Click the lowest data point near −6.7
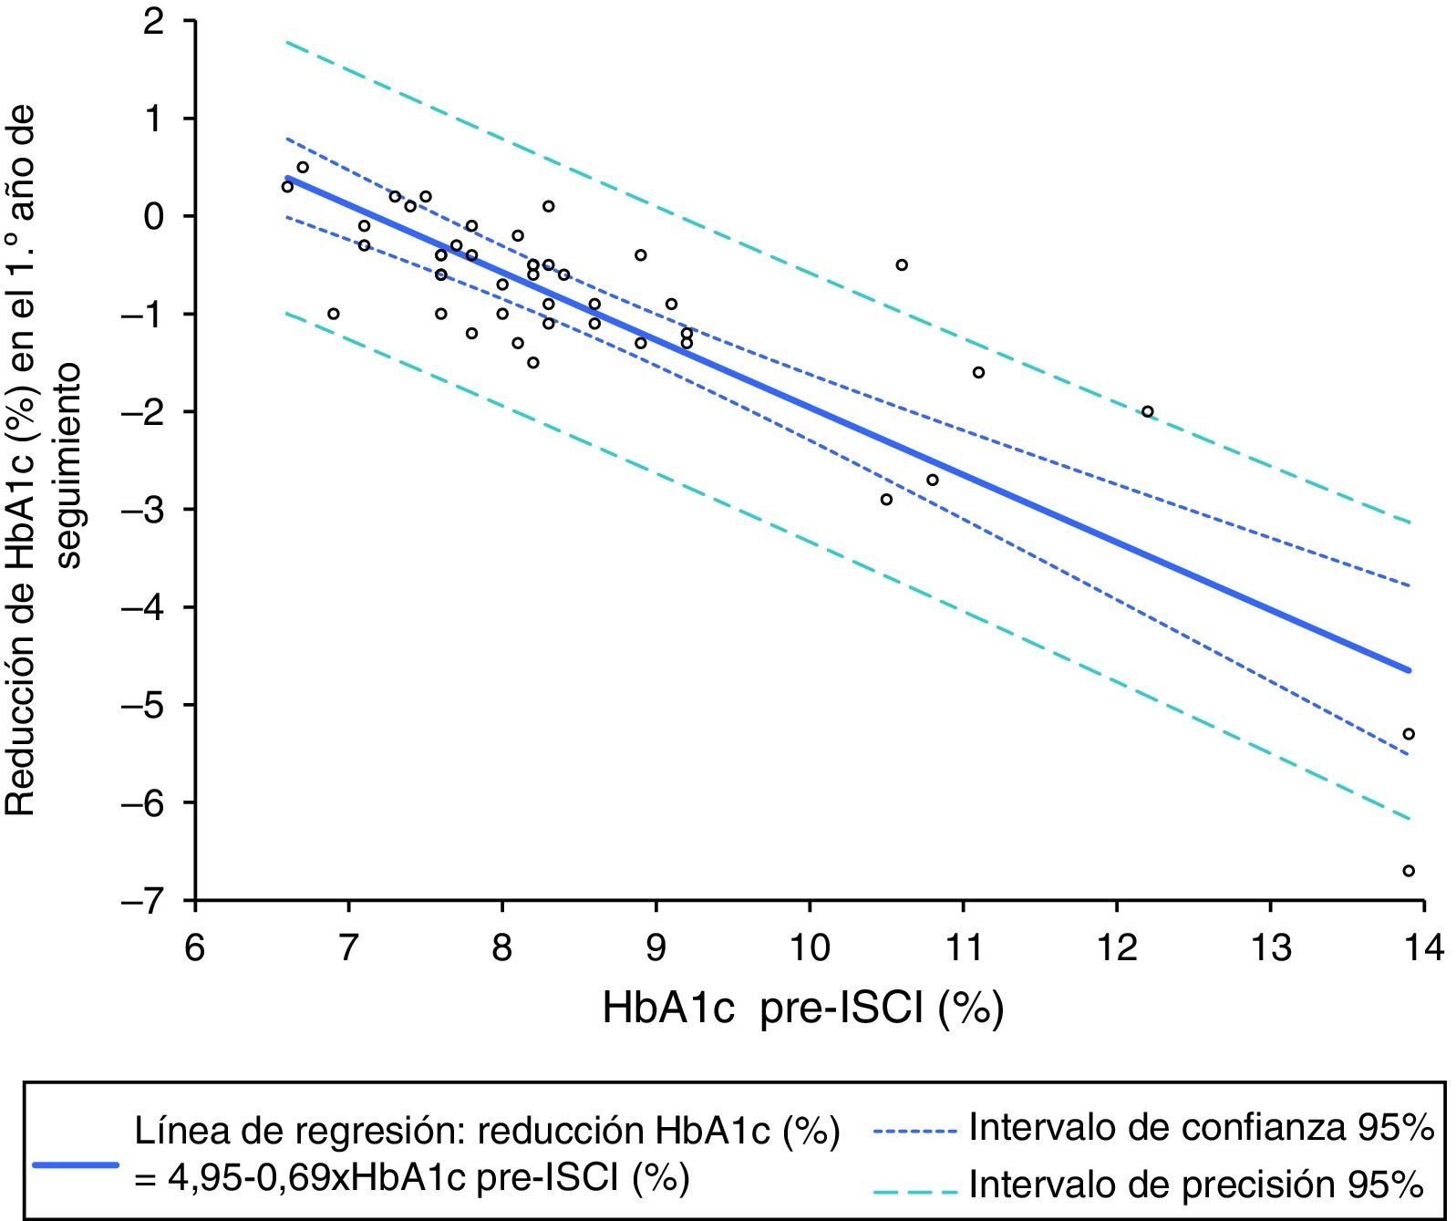coord(1408,871)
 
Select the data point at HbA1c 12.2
coord(1147,411)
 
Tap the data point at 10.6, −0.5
coord(902,265)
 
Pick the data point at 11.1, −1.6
coord(978,372)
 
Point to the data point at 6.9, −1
coord(334,314)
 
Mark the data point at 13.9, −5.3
coord(1408,734)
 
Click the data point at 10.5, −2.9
coord(886,500)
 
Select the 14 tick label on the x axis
coord(1424,948)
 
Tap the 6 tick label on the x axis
coord(195,948)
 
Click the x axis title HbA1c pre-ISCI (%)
coord(802,1009)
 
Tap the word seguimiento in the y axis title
coord(68,465)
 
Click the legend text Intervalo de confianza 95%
coord(1201,1129)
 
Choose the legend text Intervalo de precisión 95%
coord(1195,1185)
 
